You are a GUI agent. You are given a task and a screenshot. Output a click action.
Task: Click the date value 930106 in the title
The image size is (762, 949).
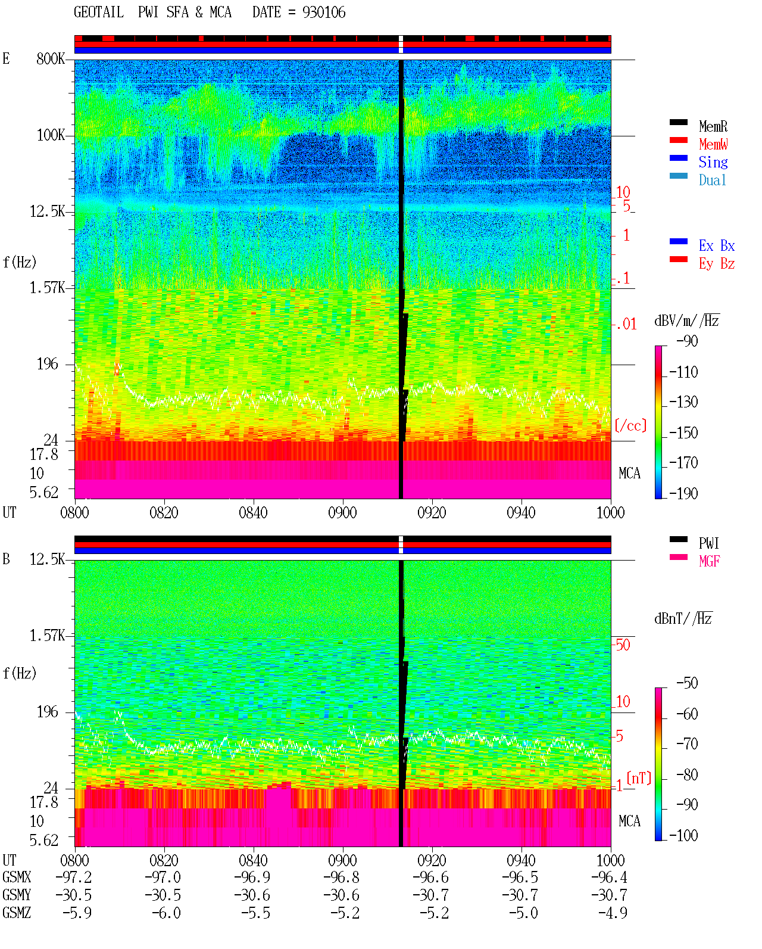coord(324,13)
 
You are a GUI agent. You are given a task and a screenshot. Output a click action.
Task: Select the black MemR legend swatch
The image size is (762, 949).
coord(678,122)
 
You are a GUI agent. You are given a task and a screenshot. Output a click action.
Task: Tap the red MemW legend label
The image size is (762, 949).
coord(713,144)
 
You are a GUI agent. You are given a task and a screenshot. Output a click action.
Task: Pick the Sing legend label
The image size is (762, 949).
coord(713,162)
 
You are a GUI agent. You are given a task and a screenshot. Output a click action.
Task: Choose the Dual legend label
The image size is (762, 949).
coord(713,180)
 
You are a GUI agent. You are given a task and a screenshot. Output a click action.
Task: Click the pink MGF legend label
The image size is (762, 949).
coord(709,561)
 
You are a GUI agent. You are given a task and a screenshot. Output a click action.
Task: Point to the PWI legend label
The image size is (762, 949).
coord(708,543)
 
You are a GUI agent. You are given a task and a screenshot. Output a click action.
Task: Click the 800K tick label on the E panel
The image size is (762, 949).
coord(51,58)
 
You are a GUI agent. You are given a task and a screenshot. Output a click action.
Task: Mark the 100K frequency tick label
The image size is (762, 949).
coord(51,135)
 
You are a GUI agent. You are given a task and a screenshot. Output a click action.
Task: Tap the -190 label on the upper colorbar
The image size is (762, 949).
coord(683,493)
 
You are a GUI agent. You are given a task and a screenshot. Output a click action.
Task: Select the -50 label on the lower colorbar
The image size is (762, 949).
coord(687,683)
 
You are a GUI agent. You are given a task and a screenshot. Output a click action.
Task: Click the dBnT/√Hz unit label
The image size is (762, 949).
coord(683,618)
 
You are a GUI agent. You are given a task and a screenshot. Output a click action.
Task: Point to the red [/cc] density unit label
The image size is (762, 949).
coord(630,425)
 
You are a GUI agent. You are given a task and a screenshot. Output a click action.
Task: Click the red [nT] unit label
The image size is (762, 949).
coord(639,778)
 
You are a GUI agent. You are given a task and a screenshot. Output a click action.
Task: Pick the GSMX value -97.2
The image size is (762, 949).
coord(74,878)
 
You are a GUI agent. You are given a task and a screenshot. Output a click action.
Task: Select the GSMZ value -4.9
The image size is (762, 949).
coord(613,913)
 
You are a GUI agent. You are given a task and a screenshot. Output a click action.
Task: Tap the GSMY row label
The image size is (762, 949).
coord(17,895)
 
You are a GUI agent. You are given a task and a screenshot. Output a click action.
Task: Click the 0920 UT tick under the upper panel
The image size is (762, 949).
coord(432,513)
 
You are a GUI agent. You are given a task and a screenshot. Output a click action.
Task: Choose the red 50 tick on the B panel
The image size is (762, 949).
coord(622,645)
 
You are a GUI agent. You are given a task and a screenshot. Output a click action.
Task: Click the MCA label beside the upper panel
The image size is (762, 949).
coord(629,473)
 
